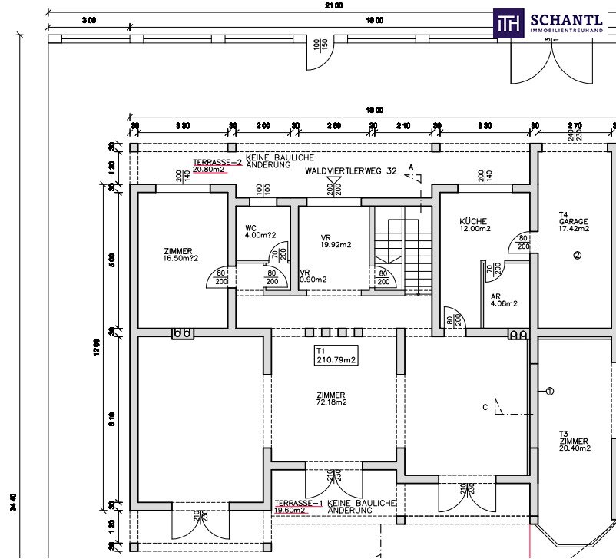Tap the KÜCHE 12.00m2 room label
pos(474,224)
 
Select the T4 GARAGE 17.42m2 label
pos(573,222)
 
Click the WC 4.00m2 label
pos(255,231)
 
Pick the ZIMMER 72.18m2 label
pos(331,398)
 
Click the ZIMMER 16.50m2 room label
pos(180,254)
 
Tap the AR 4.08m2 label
pos(503,299)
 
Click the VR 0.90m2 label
pos(313,276)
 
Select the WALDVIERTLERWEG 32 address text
pos(350,172)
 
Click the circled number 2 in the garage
pos(577,256)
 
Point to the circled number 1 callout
pos(549,391)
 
